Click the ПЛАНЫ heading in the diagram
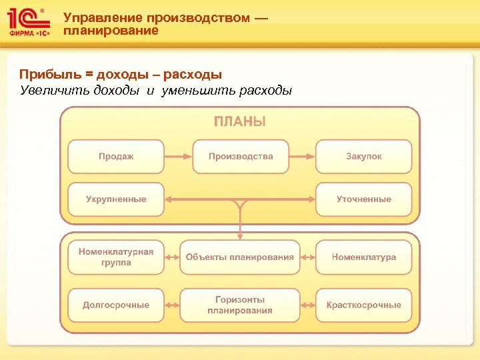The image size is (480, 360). (x=240, y=121)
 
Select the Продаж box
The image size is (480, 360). (x=116, y=157)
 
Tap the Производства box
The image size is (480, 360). (x=241, y=157)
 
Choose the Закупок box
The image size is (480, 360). (x=364, y=157)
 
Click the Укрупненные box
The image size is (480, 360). (x=116, y=199)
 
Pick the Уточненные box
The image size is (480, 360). (x=364, y=199)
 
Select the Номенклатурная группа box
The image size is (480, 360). (x=116, y=257)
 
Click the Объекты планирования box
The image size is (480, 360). (x=240, y=257)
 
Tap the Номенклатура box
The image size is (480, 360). (x=364, y=257)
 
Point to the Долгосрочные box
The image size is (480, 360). (x=116, y=305)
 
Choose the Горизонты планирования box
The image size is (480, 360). (x=240, y=305)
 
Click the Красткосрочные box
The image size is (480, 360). (x=364, y=305)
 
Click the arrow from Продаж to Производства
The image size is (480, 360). (x=178, y=157)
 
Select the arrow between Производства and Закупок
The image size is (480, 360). (x=302, y=157)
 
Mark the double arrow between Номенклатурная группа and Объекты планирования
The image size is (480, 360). (x=171, y=257)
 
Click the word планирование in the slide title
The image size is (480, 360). (x=111, y=31)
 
